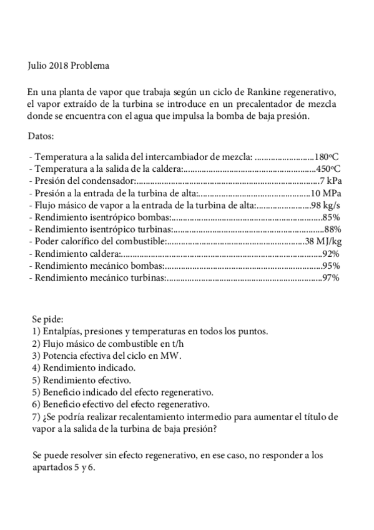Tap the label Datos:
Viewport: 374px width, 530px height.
tap(42, 136)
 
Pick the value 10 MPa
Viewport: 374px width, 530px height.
tap(326, 193)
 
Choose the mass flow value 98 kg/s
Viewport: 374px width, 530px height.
tap(325, 205)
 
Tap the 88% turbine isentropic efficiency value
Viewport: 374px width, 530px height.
tap(331, 229)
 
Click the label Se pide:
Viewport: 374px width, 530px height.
tap(47, 319)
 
